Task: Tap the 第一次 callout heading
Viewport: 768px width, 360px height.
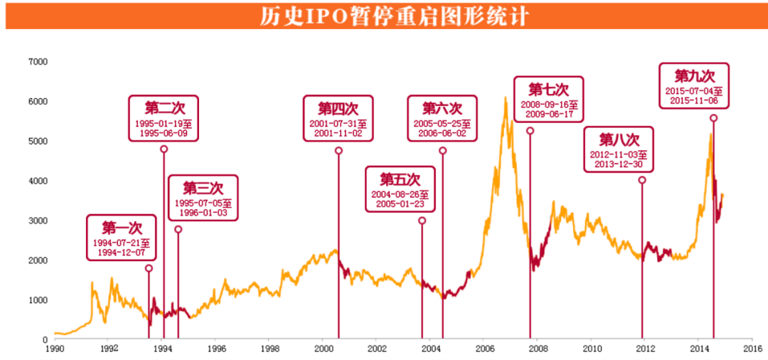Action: pyautogui.click(x=122, y=228)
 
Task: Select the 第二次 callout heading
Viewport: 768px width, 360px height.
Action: pyautogui.click(x=164, y=108)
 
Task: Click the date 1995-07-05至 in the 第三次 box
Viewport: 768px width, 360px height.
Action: pyautogui.click(x=203, y=203)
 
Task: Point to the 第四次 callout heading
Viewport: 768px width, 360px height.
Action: pyautogui.click(x=338, y=108)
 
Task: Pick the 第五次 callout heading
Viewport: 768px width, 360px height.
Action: pyautogui.click(x=400, y=179)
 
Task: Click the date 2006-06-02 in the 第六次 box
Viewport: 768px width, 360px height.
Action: pyautogui.click(x=442, y=133)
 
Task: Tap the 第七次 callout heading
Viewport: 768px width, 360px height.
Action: pyautogui.click(x=548, y=90)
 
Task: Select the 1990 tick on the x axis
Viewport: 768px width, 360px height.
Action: pyautogui.click(x=54, y=349)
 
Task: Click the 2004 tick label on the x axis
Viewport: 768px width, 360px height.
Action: pyautogui.click(x=430, y=349)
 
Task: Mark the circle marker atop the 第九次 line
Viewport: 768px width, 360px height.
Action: pyautogui.click(x=714, y=118)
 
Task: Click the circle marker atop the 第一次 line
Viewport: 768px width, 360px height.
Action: pyautogui.click(x=149, y=268)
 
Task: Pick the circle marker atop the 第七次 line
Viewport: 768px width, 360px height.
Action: pyautogui.click(x=530, y=131)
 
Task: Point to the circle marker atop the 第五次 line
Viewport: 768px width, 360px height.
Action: pyautogui.click(x=422, y=221)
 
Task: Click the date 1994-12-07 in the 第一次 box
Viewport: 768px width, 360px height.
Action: pyautogui.click(x=122, y=252)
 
